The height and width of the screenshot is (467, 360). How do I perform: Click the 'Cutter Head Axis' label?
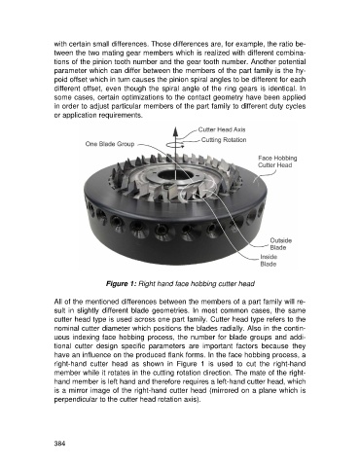pos(222,129)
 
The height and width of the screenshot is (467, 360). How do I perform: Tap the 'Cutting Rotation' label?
pos(224,140)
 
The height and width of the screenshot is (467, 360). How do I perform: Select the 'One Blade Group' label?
pos(110,144)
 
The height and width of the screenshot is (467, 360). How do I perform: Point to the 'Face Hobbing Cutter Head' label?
pos(277,162)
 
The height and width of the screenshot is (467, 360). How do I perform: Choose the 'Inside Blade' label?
pos(269,261)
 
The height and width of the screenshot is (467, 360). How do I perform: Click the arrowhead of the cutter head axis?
pos(175,131)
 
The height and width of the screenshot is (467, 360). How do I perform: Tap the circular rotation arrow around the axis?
pos(175,145)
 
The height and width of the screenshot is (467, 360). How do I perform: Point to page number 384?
pos(59,444)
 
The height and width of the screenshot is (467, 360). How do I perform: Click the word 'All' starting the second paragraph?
pos(57,302)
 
